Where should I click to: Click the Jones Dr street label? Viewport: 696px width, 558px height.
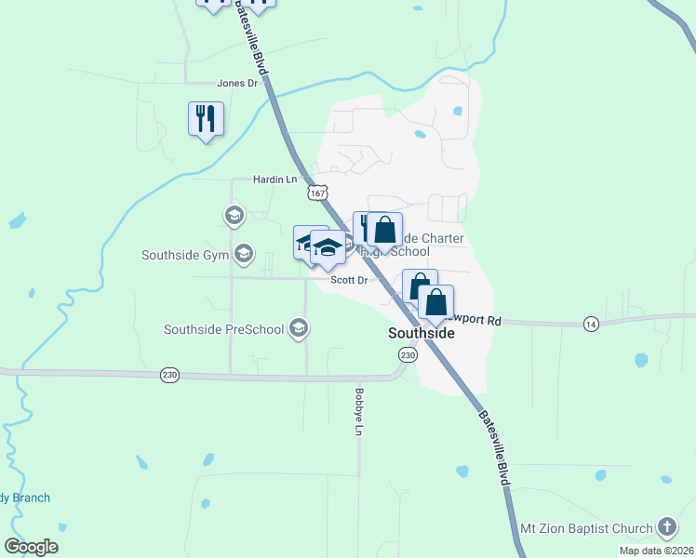point(236,83)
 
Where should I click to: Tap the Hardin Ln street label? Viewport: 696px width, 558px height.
point(274,179)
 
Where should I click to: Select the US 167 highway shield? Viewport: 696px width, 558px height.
point(318,193)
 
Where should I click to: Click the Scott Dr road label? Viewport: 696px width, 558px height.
point(349,279)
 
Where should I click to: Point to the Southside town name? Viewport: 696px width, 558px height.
point(421,332)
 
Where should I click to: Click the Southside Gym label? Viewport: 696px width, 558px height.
point(185,254)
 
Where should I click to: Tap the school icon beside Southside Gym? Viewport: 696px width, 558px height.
point(244,253)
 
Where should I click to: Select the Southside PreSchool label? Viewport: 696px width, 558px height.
point(223,328)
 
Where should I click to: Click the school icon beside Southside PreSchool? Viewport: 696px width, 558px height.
point(299,327)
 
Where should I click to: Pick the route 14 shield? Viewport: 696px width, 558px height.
point(591,323)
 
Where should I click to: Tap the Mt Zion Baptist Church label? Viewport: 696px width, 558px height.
point(586,528)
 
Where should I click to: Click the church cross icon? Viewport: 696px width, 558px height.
point(666,527)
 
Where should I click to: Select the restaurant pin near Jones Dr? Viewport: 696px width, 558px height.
point(206,119)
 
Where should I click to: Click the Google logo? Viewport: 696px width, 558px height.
point(31,547)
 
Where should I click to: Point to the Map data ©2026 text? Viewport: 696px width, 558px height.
point(655,551)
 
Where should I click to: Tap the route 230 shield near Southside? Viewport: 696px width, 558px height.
point(407,355)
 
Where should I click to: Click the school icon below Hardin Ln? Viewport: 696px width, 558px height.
point(233,217)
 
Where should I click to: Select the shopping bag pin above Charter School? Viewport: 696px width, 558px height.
point(384,230)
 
